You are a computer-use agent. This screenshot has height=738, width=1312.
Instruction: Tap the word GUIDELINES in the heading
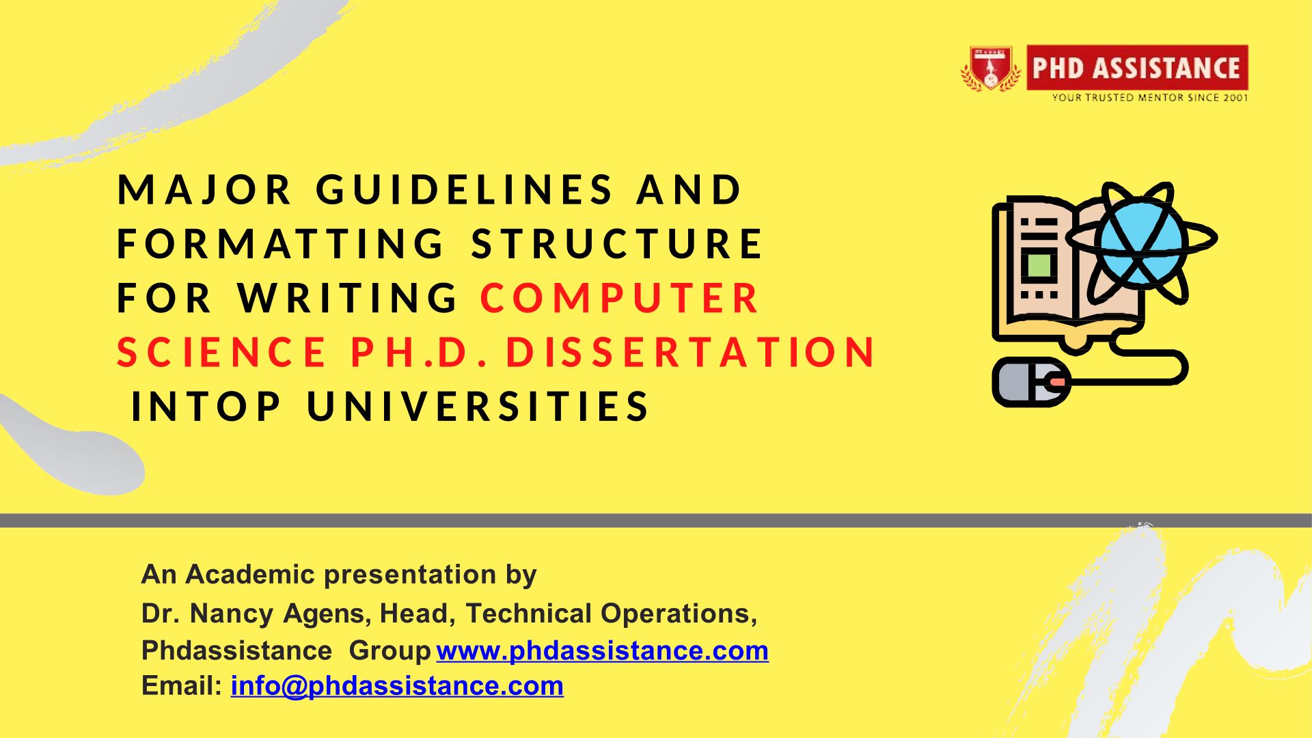pos(465,189)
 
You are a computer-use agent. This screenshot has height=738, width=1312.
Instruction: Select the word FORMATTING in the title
pos(281,243)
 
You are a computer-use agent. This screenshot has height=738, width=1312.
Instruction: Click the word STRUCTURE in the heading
pos(617,243)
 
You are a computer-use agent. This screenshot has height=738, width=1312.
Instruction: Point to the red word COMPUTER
pos(620,298)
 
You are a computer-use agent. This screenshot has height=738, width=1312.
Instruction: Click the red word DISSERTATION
pos(690,352)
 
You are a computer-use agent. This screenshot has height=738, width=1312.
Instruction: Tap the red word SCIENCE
pos(221,352)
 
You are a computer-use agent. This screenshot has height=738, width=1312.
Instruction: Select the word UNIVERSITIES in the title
pos(478,407)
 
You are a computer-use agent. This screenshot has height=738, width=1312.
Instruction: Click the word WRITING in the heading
pos(347,298)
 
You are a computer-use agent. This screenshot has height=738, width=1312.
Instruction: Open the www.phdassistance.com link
pos(603,651)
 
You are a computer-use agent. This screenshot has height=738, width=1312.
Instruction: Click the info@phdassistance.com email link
pos(397,685)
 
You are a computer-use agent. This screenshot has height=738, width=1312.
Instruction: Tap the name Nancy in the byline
pos(232,614)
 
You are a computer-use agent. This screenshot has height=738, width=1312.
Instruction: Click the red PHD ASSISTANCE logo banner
pos(1137,68)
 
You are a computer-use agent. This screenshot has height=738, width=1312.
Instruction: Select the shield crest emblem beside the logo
pos(990,68)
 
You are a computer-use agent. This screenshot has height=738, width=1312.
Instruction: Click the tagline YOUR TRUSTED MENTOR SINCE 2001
pos(1150,98)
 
